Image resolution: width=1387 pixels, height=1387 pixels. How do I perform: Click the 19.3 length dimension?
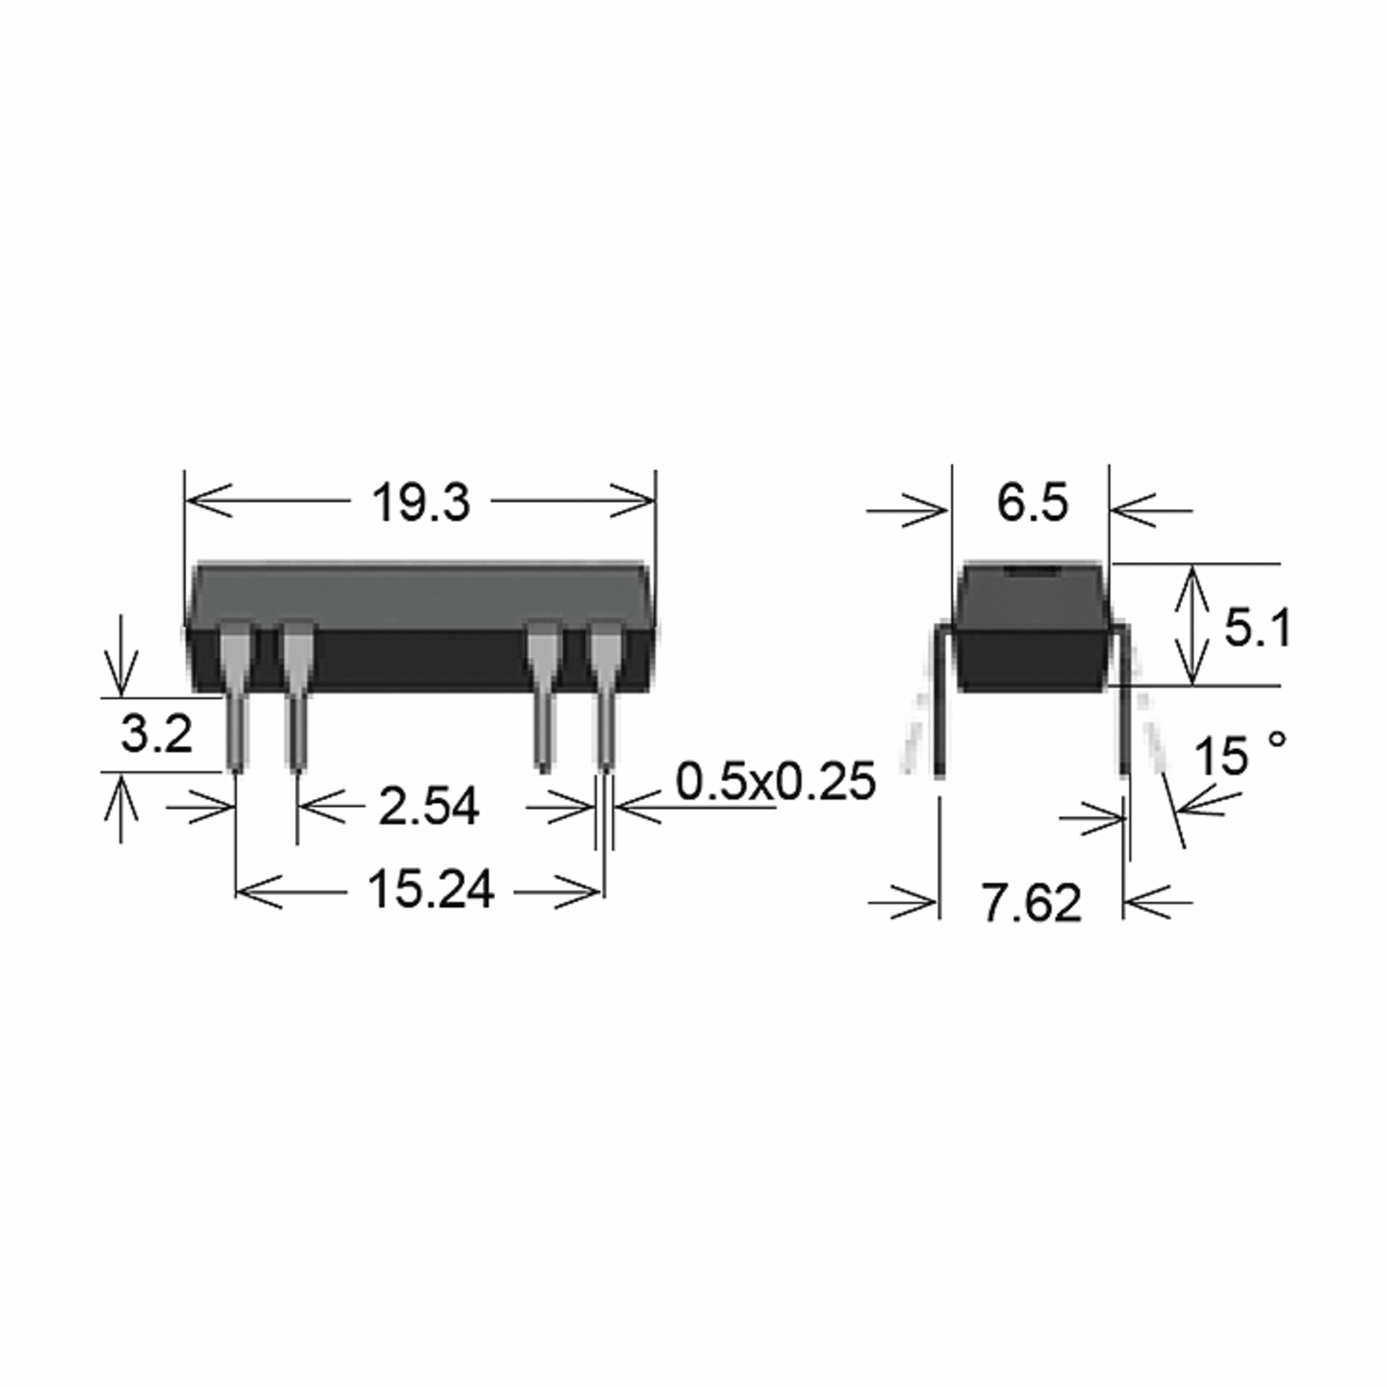pyautogui.click(x=421, y=503)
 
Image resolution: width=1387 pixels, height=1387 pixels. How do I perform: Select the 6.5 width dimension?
pyautogui.click(x=1032, y=503)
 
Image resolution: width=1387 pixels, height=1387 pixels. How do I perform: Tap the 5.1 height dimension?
pyautogui.click(x=1256, y=628)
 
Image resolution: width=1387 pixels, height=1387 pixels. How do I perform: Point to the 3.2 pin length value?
pyautogui.click(x=156, y=734)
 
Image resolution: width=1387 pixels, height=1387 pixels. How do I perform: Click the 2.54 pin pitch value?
pyautogui.click(x=429, y=806)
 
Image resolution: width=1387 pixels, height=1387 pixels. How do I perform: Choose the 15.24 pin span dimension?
pyautogui.click(x=430, y=889)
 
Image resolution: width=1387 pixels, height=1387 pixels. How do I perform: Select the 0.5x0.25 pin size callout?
pyautogui.click(x=776, y=781)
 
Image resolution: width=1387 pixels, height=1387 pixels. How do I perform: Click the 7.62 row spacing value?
pyautogui.click(x=1031, y=903)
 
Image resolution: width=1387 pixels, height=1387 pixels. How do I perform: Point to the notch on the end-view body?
pyautogui.click(x=1032, y=571)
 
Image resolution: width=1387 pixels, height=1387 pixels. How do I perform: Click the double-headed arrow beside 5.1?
pyautogui.click(x=1192, y=625)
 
